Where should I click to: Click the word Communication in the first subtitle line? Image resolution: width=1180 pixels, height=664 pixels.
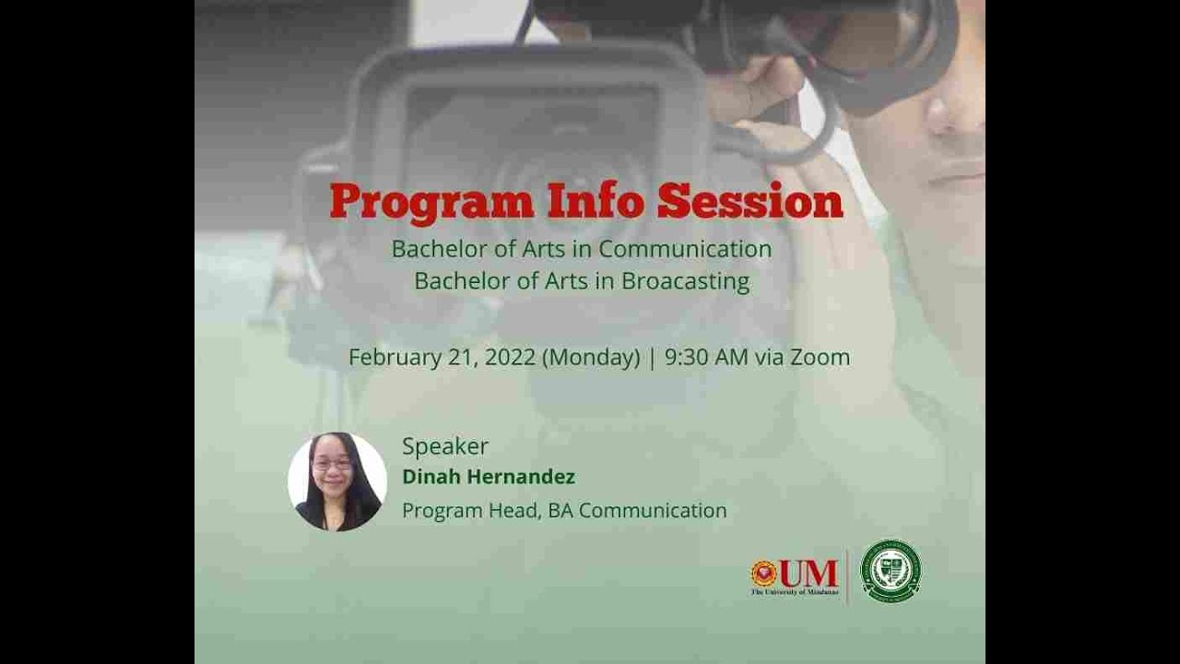(685, 249)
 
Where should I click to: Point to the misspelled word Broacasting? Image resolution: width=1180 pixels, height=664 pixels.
(685, 281)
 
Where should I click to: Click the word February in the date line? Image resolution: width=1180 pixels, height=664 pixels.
(395, 358)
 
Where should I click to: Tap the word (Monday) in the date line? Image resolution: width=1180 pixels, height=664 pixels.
(591, 358)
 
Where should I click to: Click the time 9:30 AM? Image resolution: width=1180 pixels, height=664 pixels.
(706, 358)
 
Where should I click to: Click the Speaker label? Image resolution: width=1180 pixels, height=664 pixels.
(445, 446)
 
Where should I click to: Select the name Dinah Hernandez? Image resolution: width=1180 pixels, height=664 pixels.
(489, 477)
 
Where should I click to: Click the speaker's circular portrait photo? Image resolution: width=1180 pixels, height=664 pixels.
(337, 481)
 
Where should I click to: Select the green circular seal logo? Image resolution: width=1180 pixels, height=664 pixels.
(891, 571)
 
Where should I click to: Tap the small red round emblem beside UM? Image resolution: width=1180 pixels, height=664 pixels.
(764, 574)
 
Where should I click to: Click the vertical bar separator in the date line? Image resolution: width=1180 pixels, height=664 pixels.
(653, 358)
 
